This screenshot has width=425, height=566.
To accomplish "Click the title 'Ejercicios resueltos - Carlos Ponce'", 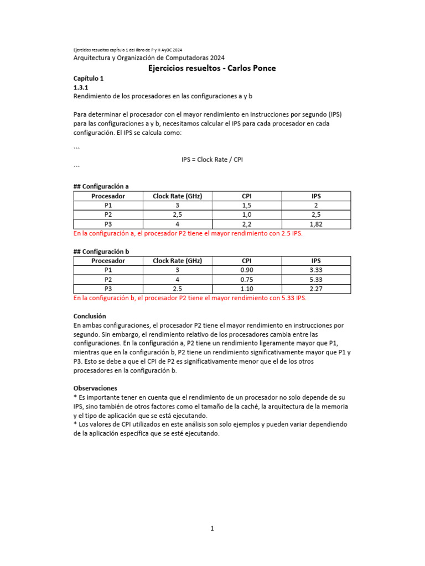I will coord(212,68).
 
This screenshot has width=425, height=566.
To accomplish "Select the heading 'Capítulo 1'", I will coord(89,79).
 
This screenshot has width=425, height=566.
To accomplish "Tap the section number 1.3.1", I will coord(81,87).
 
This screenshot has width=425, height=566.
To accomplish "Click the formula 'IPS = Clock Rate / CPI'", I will coord(212,160).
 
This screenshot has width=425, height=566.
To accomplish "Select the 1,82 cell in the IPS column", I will coord(316,224).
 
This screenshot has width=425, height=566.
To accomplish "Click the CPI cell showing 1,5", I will coord(247,205).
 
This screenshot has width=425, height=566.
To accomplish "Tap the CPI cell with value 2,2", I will coord(247,224).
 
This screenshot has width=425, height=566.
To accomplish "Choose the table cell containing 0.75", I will coord(247,280).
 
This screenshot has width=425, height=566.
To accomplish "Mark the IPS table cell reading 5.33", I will coord(316,280).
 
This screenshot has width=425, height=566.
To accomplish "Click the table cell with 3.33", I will coord(316,270).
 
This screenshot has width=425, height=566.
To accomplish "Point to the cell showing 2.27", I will coord(316,289).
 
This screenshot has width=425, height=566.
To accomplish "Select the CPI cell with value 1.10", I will coord(247,289).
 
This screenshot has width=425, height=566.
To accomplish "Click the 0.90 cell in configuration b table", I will coord(247,270).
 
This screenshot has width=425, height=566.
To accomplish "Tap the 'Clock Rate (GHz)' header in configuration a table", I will coord(177,196).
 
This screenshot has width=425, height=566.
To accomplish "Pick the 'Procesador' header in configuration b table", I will coord(108,261).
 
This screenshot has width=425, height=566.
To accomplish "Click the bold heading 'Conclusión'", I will coord(90,317).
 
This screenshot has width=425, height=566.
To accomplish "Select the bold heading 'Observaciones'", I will coord(95,389).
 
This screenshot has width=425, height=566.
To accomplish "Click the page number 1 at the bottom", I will coord(212,528).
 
